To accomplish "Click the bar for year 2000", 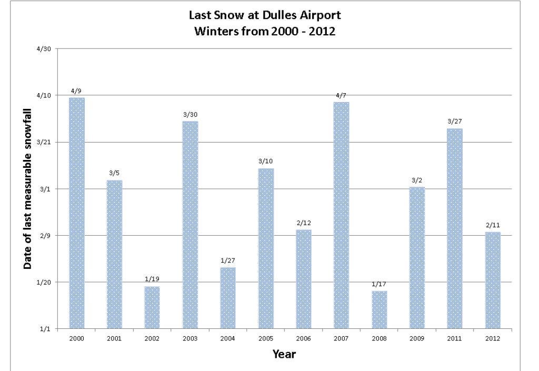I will pyautogui.click(x=76, y=213).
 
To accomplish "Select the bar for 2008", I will pyautogui.click(x=379, y=309).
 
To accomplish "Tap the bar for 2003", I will pyautogui.click(x=190, y=225).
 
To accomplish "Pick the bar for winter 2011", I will pyautogui.click(x=455, y=228).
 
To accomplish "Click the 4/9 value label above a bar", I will pyautogui.click(x=76, y=91).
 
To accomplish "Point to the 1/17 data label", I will pyautogui.click(x=379, y=285).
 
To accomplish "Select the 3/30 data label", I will pyautogui.click(x=190, y=115).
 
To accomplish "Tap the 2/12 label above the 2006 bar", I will pyautogui.click(x=304, y=223).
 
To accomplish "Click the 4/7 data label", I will pyautogui.click(x=341, y=95).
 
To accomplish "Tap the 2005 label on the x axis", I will pyautogui.click(x=266, y=338).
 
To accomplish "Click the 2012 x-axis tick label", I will pyautogui.click(x=493, y=338).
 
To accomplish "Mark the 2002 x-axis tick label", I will pyautogui.click(x=152, y=338).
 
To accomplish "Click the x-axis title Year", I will pyautogui.click(x=284, y=354).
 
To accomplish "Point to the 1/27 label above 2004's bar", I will pyautogui.click(x=228, y=261).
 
